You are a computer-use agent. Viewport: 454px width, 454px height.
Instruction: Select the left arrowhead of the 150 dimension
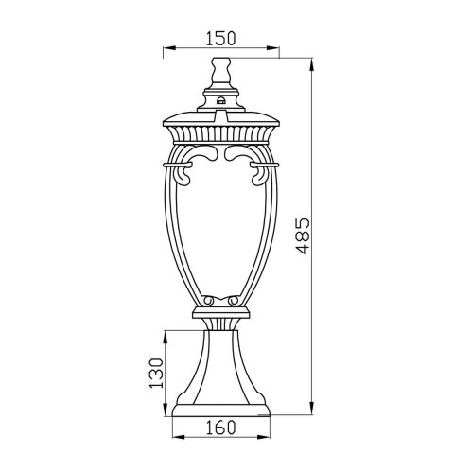click(x=167, y=48)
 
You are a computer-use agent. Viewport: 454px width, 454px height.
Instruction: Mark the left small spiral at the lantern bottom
click(x=209, y=301)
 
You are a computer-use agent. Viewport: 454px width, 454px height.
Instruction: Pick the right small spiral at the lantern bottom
click(x=234, y=301)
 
